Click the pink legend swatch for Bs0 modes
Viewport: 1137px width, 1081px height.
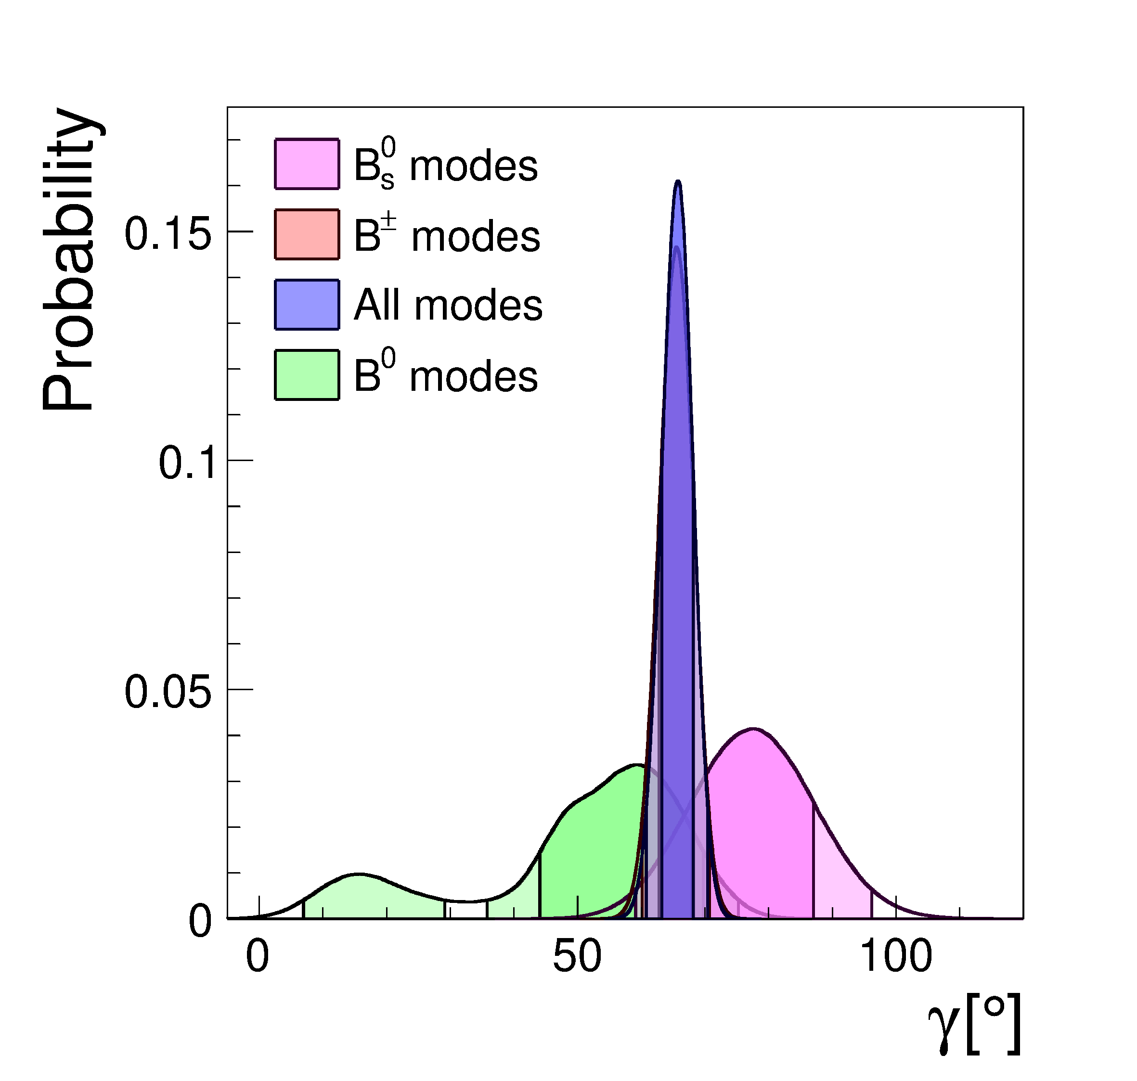(x=307, y=164)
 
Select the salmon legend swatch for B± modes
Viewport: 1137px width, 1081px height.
(x=307, y=234)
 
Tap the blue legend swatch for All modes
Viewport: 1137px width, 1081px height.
(x=307, y=304)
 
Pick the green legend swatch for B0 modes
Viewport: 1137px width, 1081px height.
(x=307, y=374)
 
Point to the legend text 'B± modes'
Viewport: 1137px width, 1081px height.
(x=447, y=235)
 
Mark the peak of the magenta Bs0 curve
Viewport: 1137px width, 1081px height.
(x=752, y=730)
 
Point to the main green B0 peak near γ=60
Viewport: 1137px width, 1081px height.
(x=637, y=766)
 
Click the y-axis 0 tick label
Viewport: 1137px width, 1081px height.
(x=200, y=921)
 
